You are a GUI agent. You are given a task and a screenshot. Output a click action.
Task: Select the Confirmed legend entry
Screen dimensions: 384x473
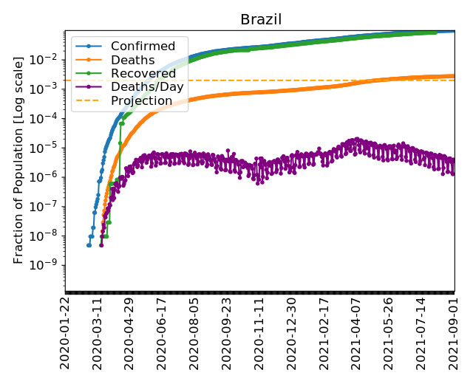pyautogui.click(x=138, y=47)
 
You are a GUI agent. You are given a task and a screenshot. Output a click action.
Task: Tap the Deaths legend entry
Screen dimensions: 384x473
pyautogui.click(x=128, y=60)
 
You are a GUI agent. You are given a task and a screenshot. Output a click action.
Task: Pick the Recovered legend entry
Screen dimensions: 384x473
pyautogui.click(x=138, y=73)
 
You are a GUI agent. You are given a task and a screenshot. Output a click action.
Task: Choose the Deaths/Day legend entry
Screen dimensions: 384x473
pyautogui.click(x=142, y=86)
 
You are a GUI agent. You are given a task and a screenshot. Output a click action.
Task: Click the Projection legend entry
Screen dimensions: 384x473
pyautogui.click(x=141, y=100)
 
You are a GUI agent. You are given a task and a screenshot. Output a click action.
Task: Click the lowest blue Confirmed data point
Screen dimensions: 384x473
pyautogui.click(x=89, y=244)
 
